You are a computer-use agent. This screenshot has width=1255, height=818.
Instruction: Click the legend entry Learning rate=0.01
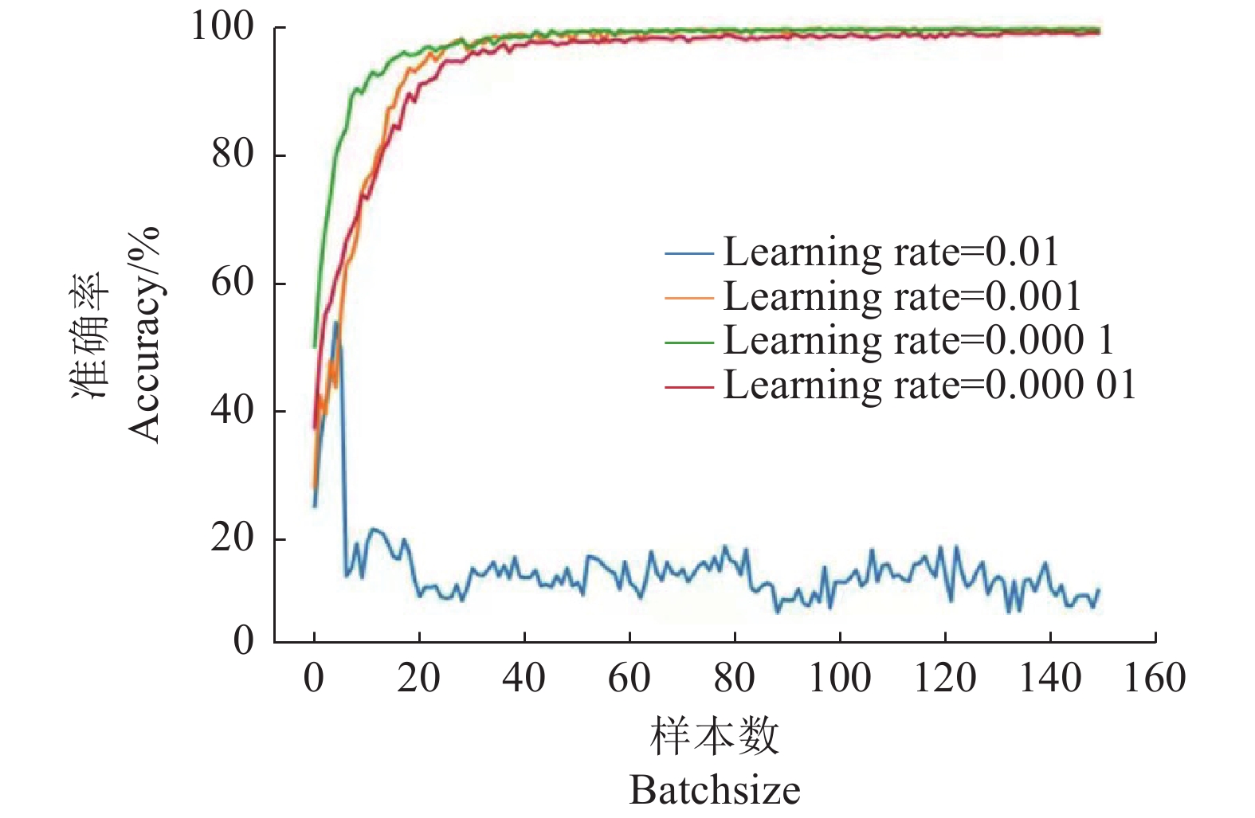click(891, 252)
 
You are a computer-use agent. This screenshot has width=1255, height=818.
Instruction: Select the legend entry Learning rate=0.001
click(902, 296)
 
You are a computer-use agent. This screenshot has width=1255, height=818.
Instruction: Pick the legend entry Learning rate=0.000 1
click(918, 340)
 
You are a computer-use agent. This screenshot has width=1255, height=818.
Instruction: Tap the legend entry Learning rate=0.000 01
click(929, 385)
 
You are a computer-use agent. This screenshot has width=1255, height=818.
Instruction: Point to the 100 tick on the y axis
click(222, 26)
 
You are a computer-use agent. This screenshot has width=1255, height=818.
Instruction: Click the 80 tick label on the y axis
click(233, 154)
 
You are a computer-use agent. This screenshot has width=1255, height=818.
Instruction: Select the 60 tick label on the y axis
click(233, 283)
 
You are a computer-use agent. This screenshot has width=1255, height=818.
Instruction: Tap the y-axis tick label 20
click(233, 538)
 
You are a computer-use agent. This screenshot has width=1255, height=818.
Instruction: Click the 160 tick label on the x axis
click(1155, 679)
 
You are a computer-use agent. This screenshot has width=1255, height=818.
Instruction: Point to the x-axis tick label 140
click(1050, 679)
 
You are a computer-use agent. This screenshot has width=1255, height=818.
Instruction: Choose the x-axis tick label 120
click(945, 679)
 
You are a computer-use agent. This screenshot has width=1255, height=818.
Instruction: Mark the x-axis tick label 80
click(734, 679)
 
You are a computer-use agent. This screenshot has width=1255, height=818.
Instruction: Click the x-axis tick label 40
click(524, 679)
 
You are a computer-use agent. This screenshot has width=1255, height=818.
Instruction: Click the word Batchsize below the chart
click(715, 791)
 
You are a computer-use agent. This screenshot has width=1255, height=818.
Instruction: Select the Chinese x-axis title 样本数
click(715, 736)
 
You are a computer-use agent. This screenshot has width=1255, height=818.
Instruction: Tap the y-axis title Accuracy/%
click(145, 335)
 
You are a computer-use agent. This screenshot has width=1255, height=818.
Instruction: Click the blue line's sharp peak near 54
click(336, 322)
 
